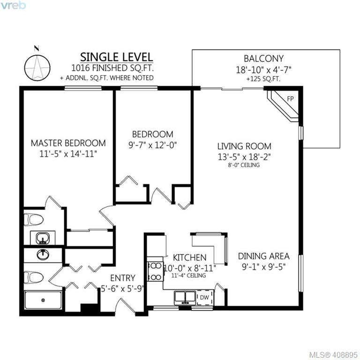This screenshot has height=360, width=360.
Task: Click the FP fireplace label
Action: click(290, 99)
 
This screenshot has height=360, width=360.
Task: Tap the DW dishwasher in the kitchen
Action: click(204, 298)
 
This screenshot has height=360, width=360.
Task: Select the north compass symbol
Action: click(37, 66)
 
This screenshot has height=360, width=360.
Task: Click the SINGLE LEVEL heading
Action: click(116, 57)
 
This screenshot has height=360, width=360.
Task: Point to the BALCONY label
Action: click(263, 59)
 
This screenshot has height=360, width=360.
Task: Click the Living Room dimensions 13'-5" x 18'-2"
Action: click(244, 157)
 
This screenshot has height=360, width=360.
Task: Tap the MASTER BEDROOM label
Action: click(68, 143)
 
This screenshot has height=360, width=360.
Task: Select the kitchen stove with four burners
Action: click(155, 271)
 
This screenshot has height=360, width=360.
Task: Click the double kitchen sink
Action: click(185, 298)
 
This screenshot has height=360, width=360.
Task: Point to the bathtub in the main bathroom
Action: click(43, 300)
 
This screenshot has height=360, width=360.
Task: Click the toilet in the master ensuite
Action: click(34, 220)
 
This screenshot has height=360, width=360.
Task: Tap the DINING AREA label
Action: click(263, 256)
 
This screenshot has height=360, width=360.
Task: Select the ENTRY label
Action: click(123, 278)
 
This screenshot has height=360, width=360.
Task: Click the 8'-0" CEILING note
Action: click(244, 165)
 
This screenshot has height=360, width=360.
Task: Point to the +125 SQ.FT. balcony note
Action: click(263, 79)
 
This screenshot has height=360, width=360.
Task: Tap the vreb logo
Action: click(13, 5)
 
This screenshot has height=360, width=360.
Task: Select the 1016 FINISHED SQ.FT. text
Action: click(112, 68)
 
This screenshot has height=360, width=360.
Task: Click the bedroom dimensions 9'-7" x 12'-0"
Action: click(152, 145)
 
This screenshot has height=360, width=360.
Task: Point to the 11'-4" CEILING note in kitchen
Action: click(188, 275)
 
